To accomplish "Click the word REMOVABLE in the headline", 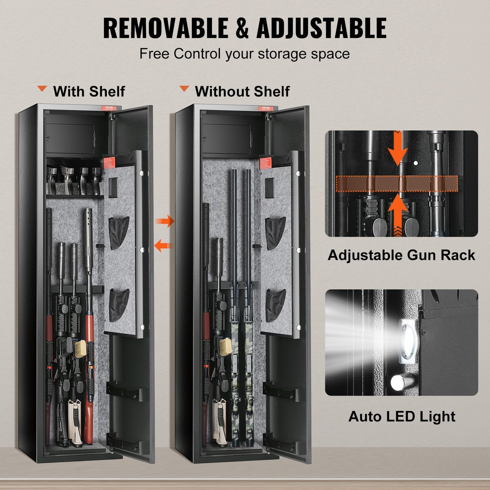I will [165, 28].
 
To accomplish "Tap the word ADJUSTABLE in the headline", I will [321, 28].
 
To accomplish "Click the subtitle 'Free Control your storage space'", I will [244, 54].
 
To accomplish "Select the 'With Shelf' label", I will [89, 92].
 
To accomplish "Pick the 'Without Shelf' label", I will [242, 92].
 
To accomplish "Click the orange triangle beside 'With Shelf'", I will [42, 89].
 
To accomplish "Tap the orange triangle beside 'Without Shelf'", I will [184, 89].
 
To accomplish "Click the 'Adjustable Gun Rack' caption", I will [401, 255].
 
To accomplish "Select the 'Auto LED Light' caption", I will [401, 416].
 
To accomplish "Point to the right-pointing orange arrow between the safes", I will [164, 221].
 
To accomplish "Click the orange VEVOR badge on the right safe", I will [266, 108].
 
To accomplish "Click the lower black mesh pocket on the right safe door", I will [275, 305].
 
